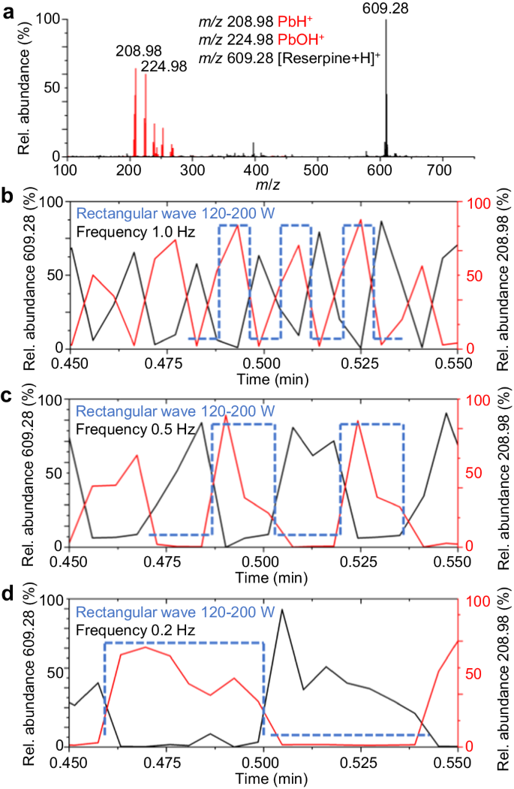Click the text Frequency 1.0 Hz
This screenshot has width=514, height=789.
(136, 231)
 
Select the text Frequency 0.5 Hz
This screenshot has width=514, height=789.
(136, 429)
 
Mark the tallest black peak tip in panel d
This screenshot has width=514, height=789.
(282, 610)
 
